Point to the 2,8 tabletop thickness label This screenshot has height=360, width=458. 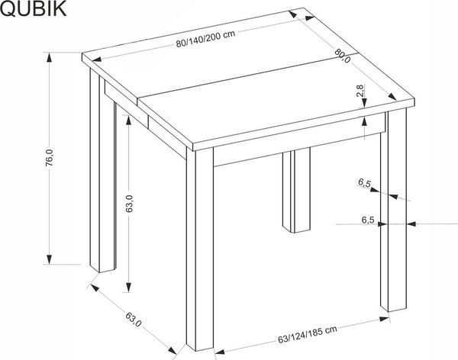[360, 94]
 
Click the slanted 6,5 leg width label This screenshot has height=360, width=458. [364, 184]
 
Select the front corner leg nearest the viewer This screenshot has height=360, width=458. [200, 252]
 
